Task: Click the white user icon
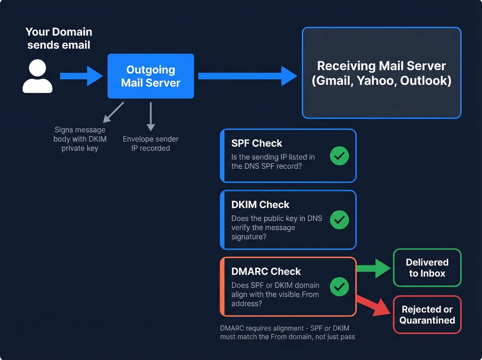(38, 76)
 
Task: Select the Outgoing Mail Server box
(150, 76)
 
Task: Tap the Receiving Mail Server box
(381, 73)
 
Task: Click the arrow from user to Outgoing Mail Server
(81, 76)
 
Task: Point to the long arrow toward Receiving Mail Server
(247, 76)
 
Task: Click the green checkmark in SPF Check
(339, 156)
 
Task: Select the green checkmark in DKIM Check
(339, 220)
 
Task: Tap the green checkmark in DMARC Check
(339, 287)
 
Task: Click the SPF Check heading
(256, 143)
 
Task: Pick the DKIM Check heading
(260, 205)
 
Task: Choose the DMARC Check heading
(266, 271)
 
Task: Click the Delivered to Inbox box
(427, 268)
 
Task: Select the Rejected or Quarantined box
(427, 315)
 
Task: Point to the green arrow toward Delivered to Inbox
(374, 268)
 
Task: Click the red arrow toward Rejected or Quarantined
(374, 305)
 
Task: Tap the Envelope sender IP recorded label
(150, 144)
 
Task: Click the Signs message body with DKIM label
(80, 139)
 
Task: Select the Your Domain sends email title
(59, 38)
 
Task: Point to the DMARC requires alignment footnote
(287, 332)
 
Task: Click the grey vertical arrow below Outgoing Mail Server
(151, 116)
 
